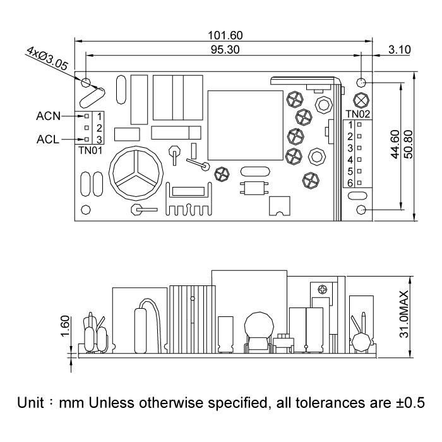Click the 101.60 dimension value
click(x=225, y=35)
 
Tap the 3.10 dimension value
click(x=400, y=49)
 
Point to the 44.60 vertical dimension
click(x=395, y=146)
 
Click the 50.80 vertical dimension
click(x=408, y=146)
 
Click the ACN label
click(x=49, y=116)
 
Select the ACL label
click(x=48, y=140)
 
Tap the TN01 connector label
click(x=90, y=150)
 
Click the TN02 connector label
click(x=357, y=114)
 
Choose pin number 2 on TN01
click(x=99, y=128)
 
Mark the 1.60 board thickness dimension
click(x=65, y=326)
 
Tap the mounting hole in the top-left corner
click(x=87, y=81)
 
